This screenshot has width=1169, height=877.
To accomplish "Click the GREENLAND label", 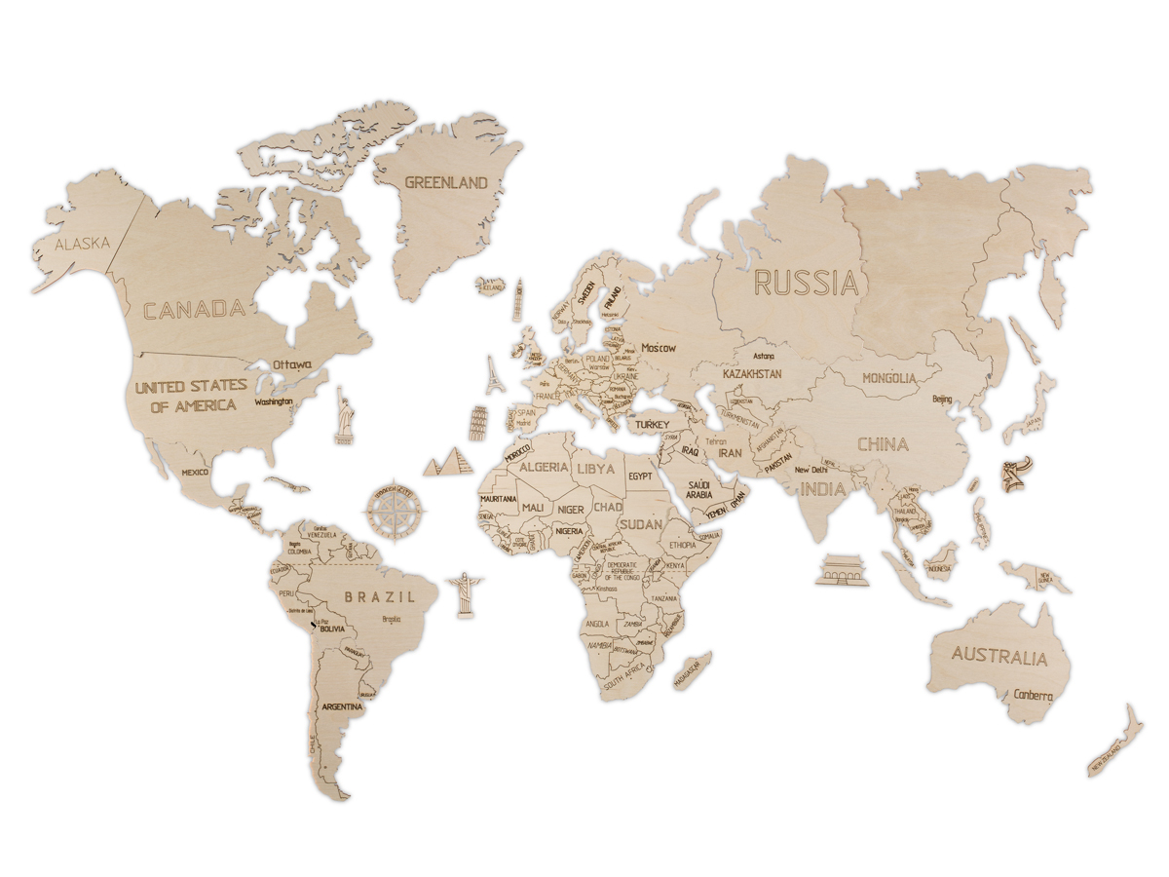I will (x=445, y=182).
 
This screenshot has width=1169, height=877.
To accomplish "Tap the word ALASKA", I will (x=82, y=244).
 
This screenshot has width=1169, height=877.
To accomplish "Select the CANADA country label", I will (x=194, y=310).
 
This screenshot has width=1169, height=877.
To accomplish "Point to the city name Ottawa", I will (x=292, y=364).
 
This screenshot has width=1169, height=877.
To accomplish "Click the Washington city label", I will (x=274, y=400).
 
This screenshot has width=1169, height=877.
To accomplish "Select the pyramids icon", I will (x=451, y=460).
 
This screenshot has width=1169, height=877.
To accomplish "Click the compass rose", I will (x=396, y=507).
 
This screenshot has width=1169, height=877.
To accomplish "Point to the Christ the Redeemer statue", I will (x=463, y=592).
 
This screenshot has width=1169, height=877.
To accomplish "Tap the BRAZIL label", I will (x=379, y=596).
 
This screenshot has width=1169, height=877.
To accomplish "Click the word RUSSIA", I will (x=807, y=283).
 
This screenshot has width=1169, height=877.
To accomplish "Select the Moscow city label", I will (x=659, y=348).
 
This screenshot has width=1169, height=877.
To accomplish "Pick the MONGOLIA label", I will (x=888, y=378).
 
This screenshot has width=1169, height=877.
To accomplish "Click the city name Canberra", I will (x=1032, y=696).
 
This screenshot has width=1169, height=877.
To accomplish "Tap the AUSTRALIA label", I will (x=999, y=656).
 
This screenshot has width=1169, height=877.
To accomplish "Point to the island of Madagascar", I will (x=691, y=671).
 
